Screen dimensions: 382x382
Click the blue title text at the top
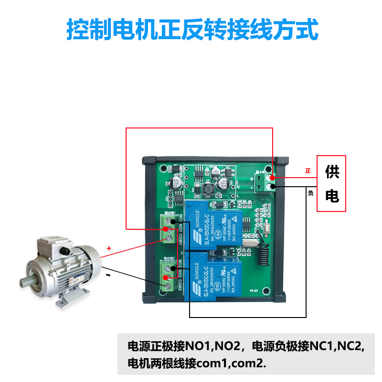tap(191, 30)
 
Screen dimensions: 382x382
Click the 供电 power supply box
tap(331, 183)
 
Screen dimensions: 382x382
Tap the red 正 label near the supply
tap(308, 170)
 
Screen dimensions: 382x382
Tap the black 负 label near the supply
tap(311, 193)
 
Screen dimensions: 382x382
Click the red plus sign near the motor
tap(109, 248)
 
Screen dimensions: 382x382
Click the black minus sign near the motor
tap(108, 276)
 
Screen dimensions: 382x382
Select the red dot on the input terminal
tap(272, 177)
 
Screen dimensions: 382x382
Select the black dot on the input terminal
tap(272, 186)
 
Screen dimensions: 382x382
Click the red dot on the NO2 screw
tap(166, 277)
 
